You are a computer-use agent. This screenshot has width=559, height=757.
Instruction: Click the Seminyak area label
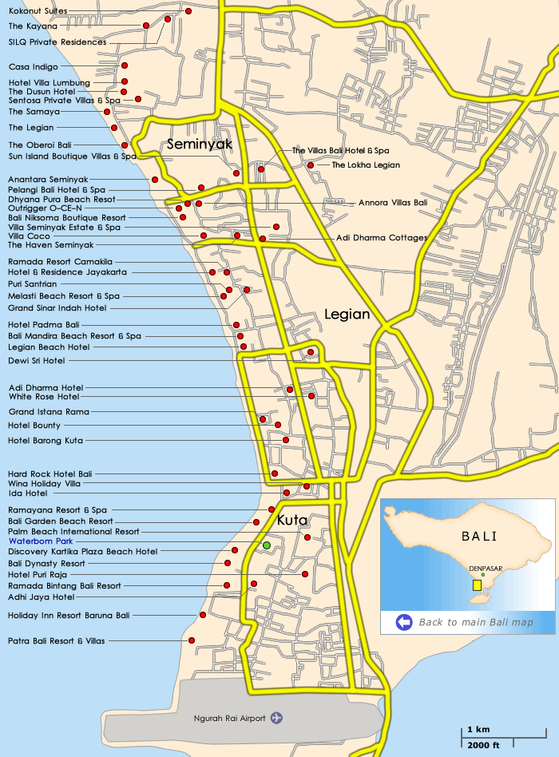click(x=199, y=145)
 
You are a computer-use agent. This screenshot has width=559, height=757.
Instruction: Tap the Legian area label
click(x=347, y=315)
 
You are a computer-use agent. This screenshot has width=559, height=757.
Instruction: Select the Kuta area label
click(x=292, y=521)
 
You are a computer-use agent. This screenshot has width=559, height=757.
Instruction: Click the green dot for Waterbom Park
click(x=267, y=545)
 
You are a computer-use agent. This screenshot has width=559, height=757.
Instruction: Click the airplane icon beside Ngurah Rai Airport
click(x=277, y=718)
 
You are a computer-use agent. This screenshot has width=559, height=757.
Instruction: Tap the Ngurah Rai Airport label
click(x=229, y=718)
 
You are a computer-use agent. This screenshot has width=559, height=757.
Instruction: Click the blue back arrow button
click(x=404, y=622)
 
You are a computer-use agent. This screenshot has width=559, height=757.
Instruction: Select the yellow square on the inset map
click(x=477, y=585)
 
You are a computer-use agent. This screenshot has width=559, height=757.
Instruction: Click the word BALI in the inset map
click(x=479, y=536)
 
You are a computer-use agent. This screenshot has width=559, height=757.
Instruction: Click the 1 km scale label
click(x=478, y=730)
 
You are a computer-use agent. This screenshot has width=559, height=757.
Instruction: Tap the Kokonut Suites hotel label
click(x=38, y=11)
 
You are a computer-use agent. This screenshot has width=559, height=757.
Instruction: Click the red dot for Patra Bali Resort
click(x=192, y=640)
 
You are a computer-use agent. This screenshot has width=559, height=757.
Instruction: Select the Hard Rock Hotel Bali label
click(x=50, y=474)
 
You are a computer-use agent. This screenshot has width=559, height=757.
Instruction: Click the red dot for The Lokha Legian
click(x=311, y=165)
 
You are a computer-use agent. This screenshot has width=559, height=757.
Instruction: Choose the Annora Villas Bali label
click(x=393, y=203)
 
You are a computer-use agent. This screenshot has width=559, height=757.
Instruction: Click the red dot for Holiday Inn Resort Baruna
click(x=203, y=615)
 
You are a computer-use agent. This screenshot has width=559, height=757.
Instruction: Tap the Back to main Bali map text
click(x=476, y=622)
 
